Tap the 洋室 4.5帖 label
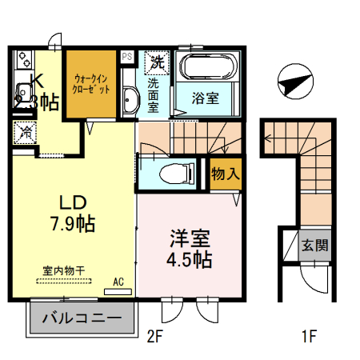click(190, 248)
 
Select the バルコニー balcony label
click(81, 318)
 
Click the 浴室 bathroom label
click(206, 98)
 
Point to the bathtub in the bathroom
click(206, 66)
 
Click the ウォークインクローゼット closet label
click(90, 84)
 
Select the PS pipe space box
click(127, 57)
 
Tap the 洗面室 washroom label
click(154, 94)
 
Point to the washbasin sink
click(130, 100)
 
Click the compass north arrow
click(293, 82)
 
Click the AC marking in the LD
click(118, 282)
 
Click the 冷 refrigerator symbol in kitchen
click(24, 133)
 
